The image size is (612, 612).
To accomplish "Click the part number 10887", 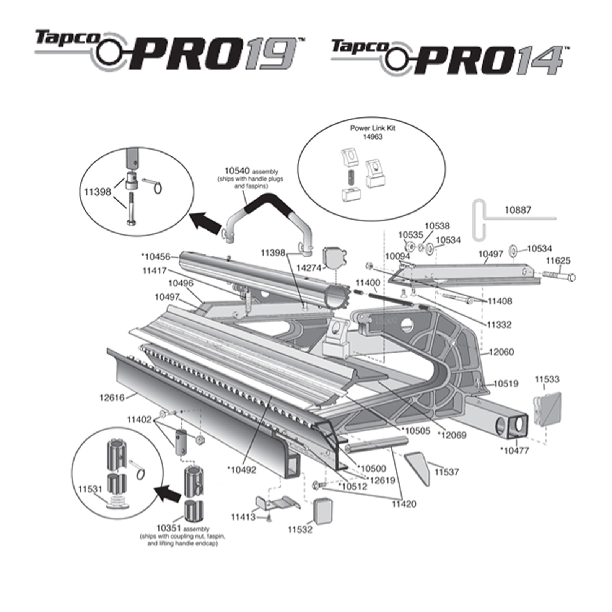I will [518, 210].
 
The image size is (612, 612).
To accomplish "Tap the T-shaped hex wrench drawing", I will [479, 220].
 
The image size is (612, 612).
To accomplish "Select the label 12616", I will [112, 397].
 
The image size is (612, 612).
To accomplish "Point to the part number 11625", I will [558, 261].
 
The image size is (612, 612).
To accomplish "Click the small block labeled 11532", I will [323, 511].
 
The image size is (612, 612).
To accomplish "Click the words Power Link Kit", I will [373, 128].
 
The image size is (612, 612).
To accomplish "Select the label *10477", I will [514, 451].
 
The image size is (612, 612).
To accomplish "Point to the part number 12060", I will [501, 352].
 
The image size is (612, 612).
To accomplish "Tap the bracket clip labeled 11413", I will [278, 503].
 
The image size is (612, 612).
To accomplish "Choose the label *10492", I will [241, 469].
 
